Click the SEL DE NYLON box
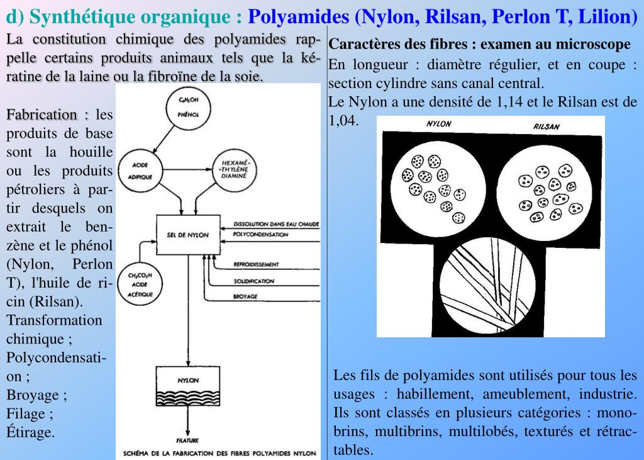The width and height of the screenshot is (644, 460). [x=188, y=234]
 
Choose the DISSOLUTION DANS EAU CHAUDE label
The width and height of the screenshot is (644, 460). [x=276, y=224]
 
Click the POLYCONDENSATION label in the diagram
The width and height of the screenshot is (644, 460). [x=260, y=235]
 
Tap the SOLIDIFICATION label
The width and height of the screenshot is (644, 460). [x=253, y=281]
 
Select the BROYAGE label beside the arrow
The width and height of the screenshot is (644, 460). [x=245, y=296]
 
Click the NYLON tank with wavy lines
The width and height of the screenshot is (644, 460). [x=188, y=390]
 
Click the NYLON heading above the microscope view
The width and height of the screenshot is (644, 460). [x=438, y=124]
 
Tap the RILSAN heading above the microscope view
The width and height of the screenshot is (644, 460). [x=546, y=126]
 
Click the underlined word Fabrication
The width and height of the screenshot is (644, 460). [x=42, y=115]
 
